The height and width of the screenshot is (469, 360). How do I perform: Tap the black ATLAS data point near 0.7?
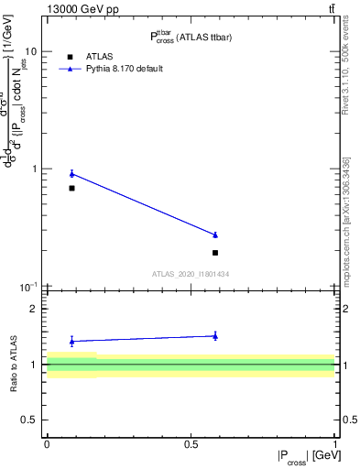point(71,188)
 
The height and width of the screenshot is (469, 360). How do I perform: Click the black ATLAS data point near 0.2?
point(215,252)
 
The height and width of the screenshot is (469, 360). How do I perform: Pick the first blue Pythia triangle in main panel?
point(71,173)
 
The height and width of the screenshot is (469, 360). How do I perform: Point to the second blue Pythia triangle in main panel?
point(215,235)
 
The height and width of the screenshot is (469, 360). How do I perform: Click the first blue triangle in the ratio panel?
point(71,341)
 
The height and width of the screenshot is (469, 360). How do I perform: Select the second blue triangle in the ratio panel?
point(215,336)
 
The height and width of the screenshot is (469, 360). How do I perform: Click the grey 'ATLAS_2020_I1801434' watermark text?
point(190,274)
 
